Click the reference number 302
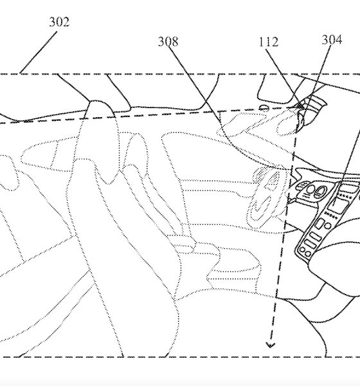click(x=59, y=22)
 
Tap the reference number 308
click(x=168, y=42)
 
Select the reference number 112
click(x=269, y=42)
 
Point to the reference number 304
click(x=332, y=40)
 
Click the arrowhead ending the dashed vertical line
click(x=270, y=345)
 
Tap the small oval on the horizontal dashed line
click(x=264, y=107)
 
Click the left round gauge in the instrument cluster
click(x=310, y=190)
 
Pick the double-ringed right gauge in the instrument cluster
click(x=320, y=191)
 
